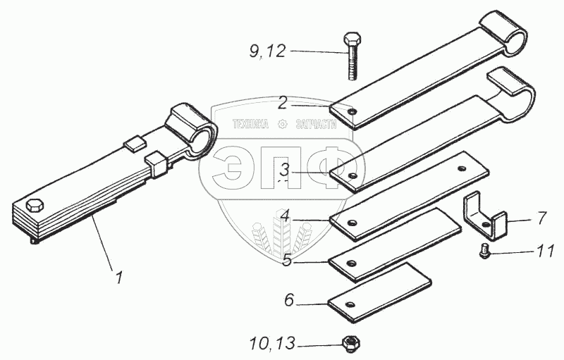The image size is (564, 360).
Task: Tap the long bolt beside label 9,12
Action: [x=352, y=56]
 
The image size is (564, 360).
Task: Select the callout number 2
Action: [x=282, y=104]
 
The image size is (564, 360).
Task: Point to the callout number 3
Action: [x=283, y=169]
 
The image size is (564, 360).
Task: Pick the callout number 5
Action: [x=287, y=259]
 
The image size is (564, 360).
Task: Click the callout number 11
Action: [x=546, y=250]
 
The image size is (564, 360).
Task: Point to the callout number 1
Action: [x=120, y=278]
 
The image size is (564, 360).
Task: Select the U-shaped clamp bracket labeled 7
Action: [x=486, y=215]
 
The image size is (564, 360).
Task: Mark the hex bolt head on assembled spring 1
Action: [x=35, y=205]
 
